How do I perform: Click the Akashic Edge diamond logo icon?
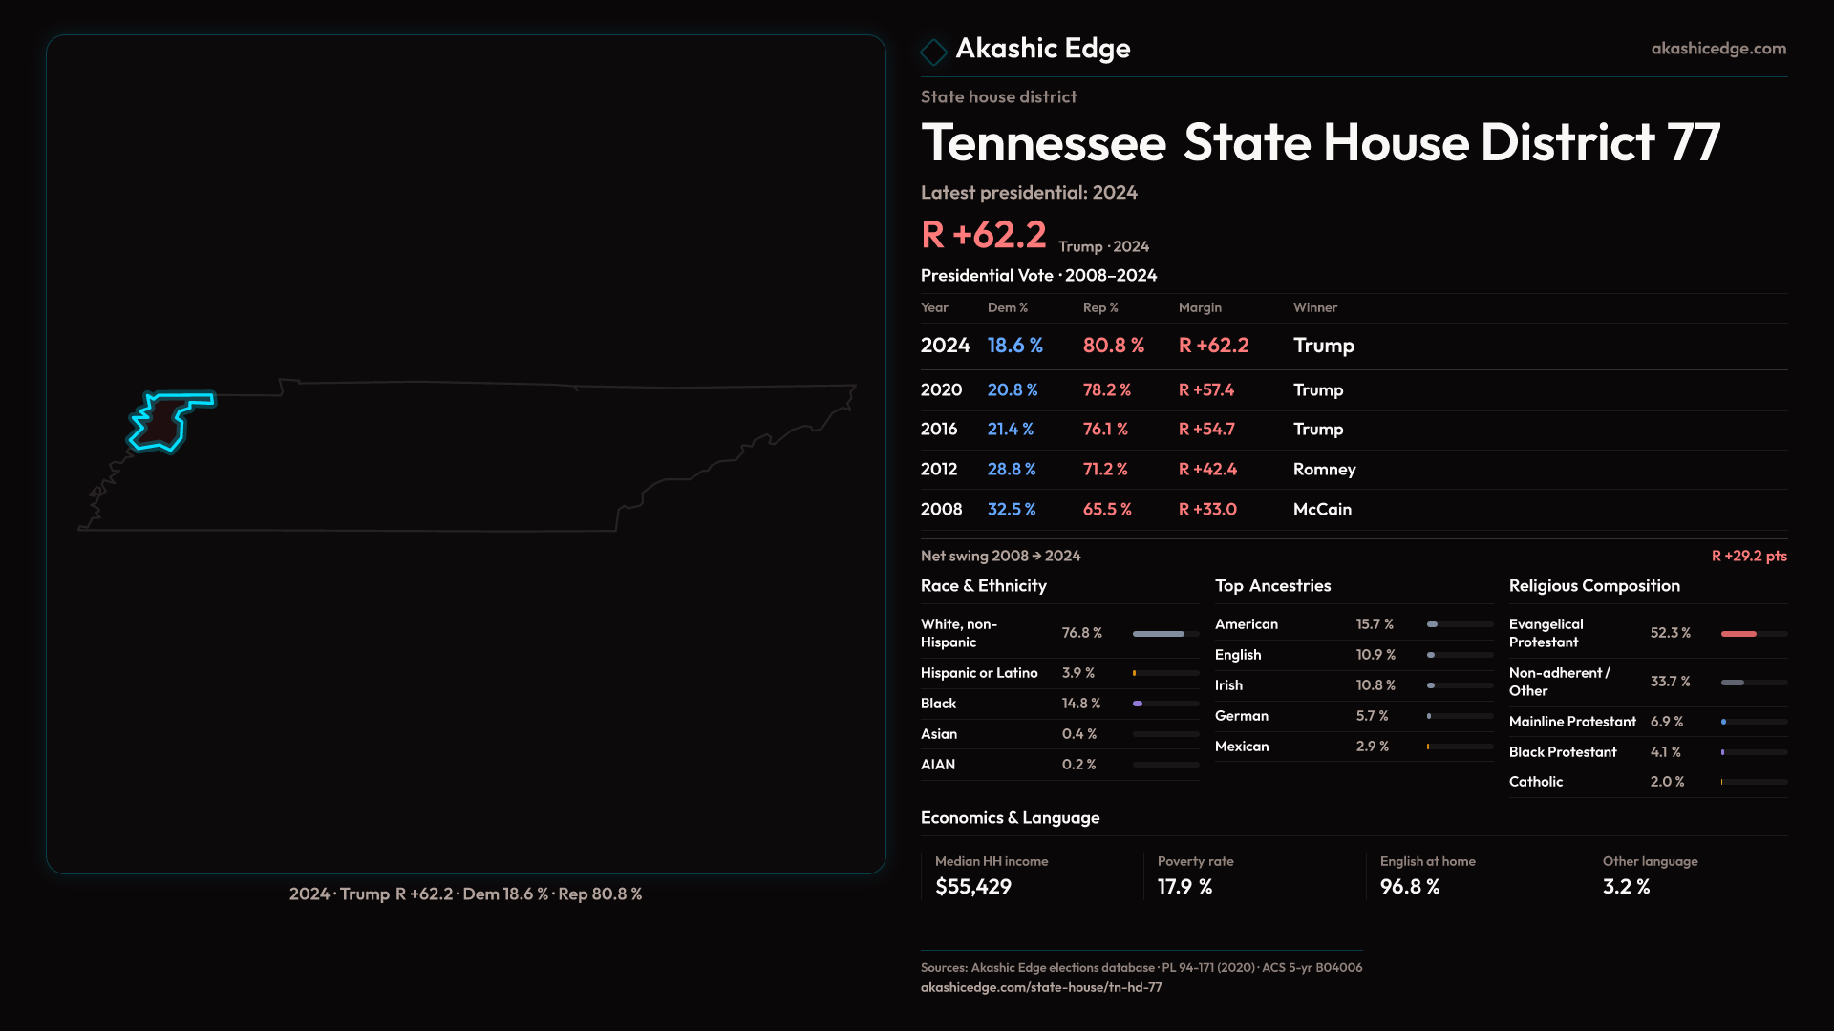[x=933, y=51]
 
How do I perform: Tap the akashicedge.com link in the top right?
[x=1718, y=48]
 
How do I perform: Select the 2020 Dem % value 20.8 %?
[x=1013, y=389]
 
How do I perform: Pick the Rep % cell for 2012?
[x=1105, y=469]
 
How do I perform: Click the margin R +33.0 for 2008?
[x=1207, y=509]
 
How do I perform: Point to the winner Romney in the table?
[x=1324, y=469]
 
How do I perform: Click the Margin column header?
[x=1200, y=307]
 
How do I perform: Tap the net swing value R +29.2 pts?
[x=1748, y=556]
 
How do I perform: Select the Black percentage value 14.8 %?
[x=1081, y=704]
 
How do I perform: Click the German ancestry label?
[x=1242, y=716]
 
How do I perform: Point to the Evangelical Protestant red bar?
[x=1739, y=634]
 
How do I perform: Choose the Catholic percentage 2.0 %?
[x=1667, y=782]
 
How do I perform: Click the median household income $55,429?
[x=973, y=887]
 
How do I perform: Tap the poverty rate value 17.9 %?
[x=1184, y=887]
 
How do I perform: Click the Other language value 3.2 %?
[x=1626, y=887]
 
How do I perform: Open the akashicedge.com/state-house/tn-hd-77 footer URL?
[x=1041, y=987]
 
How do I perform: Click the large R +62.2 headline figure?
[x=983, y=235]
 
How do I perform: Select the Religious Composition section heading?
[x=1594, y=586]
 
